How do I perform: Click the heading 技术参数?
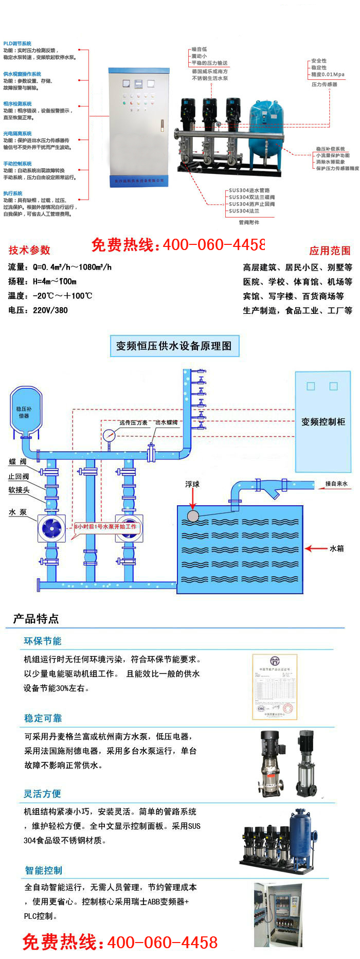point(29,250)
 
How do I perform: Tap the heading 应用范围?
point(330,251)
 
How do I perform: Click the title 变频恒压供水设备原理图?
point(174,346)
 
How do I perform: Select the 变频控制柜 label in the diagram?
point(323,422)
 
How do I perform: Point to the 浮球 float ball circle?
point(193,516)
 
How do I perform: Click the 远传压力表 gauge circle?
point(109,436)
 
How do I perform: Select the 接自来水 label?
point(336,484)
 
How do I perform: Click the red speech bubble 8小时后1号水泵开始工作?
point(105,527)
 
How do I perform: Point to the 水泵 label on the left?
point(17,512)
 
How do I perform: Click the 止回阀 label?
point(19,476)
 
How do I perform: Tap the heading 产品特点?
point(35,618)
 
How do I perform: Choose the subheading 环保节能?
point(43,641)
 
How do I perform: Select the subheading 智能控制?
point(43,871)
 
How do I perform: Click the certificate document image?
point(275,686)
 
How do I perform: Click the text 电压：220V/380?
point(38,310)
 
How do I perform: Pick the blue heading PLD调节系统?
point(17,44)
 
